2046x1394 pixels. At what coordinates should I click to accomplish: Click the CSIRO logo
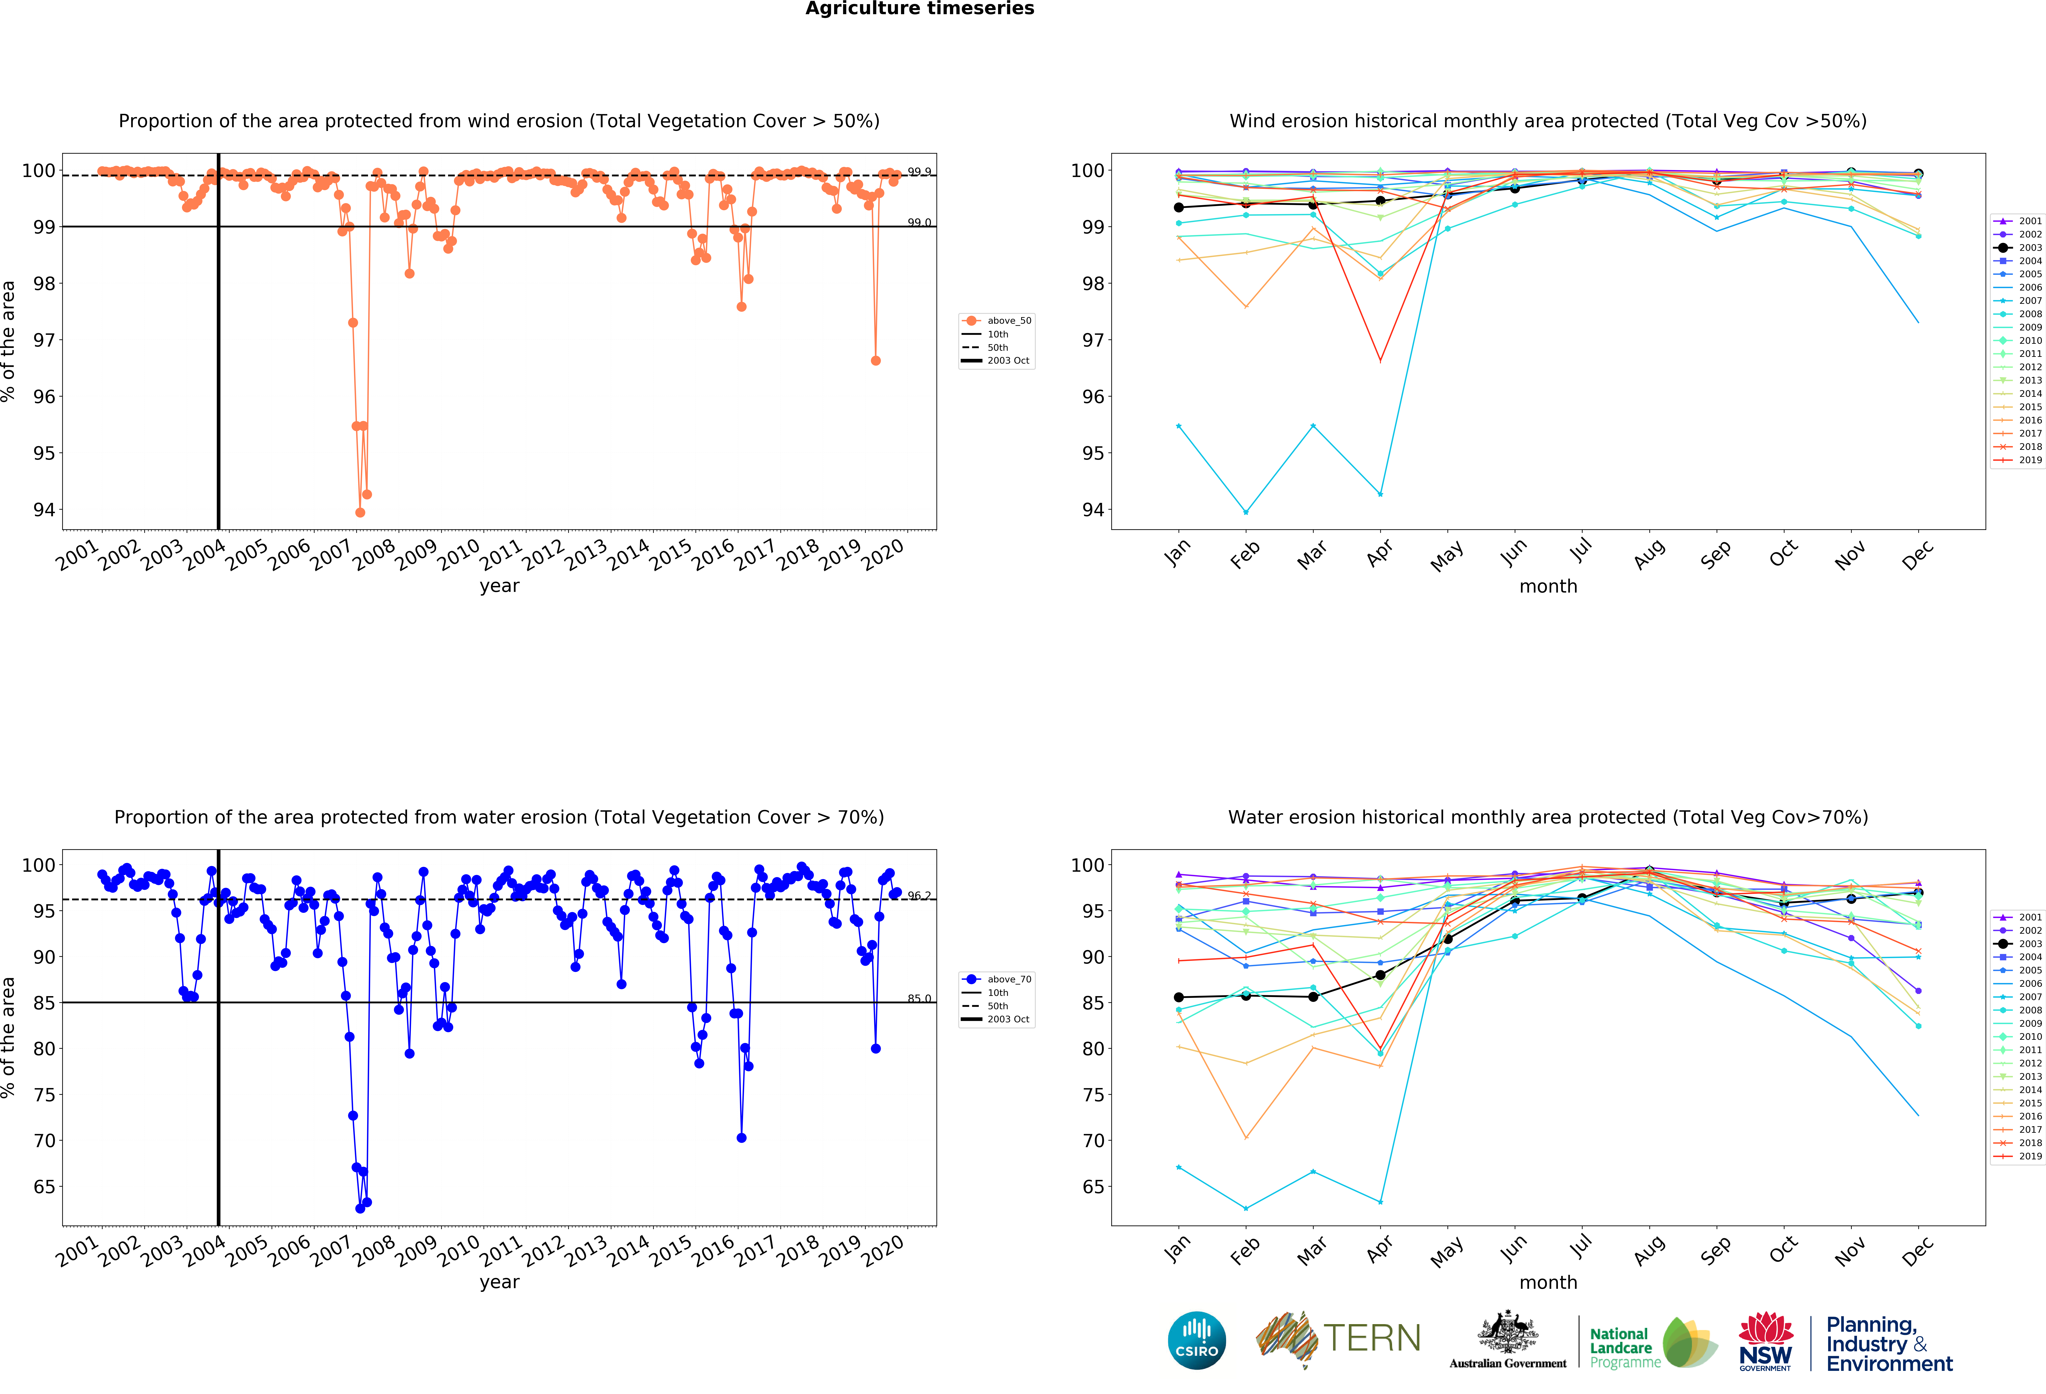(1196, 1340)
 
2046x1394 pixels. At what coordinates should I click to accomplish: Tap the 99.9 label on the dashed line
(919, 172)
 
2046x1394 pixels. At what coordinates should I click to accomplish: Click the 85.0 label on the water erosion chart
(919, 998)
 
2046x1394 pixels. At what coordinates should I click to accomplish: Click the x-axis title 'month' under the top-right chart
(1548, 586)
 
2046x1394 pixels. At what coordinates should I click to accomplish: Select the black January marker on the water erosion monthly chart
(1179, 997)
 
